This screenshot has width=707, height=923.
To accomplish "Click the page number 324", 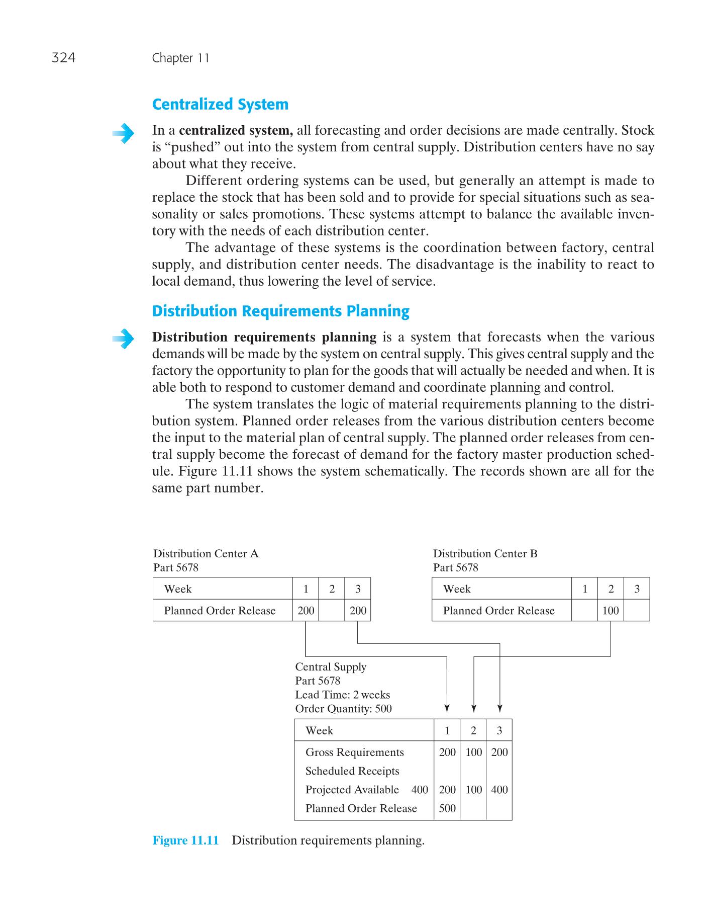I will [63, 58].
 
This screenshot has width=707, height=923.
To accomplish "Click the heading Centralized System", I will [220, 105].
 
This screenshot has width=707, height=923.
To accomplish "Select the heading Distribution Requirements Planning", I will [280, 311].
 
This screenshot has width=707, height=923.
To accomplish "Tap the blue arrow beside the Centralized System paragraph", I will [123, 134].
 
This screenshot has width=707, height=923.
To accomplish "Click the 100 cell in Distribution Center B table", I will [611, 611].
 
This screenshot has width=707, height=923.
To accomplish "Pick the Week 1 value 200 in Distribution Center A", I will [306, 611].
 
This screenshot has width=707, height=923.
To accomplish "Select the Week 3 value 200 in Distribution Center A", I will [358, 611].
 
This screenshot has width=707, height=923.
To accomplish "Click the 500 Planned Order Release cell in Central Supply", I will [447, 808].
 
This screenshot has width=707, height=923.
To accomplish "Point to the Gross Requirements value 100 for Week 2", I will [473, 752].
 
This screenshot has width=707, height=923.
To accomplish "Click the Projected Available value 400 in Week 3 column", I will [499, 790].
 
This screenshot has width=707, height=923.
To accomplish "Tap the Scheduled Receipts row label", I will [352, 771].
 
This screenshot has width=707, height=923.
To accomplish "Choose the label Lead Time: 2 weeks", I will [342, 695].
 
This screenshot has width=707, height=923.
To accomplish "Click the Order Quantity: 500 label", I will [343, 709].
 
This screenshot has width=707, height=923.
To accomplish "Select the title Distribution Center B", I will [485, 554].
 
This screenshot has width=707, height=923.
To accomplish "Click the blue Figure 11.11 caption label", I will [185, 841].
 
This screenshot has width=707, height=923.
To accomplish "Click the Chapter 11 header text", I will [180, 58].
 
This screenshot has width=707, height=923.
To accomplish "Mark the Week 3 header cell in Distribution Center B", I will [637, 589].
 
